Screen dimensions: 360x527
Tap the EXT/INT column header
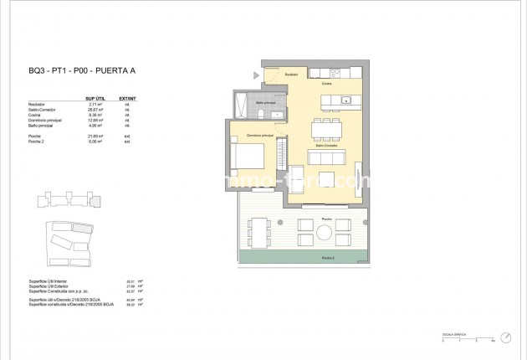(x=128, y=98)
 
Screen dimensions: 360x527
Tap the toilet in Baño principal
(x=260, y=112)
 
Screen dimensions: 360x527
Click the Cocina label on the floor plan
(x=327, y=84)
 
